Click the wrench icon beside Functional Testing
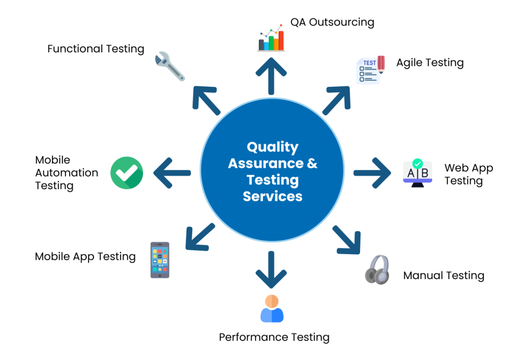click(170, 66)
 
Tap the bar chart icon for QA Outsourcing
click(271, 39)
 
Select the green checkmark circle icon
click(127, 172)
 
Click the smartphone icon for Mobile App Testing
click(159, 260)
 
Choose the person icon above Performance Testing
click(272, 309)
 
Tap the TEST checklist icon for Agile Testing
click(370, 70)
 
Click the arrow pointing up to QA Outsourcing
click(271, 75)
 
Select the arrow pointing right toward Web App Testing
click(373, 172)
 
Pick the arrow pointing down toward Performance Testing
click(271, 270)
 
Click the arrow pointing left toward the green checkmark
click(172, 172)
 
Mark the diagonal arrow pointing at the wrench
click(206, 100)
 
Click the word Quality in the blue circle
click(272, 146)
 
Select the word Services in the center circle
click(272, 196)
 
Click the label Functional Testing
click(96, 49)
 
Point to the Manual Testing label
click(444, 275)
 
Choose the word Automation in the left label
click(66, 173)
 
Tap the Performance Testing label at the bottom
click(274, 337)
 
